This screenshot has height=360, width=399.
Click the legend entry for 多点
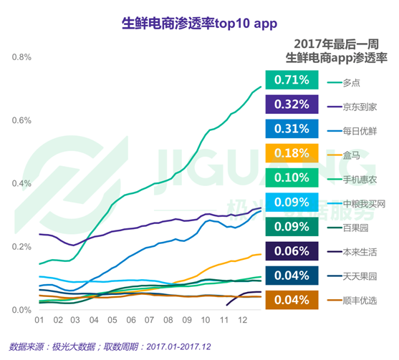click(x=352, y=82)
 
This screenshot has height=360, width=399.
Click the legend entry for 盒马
click(x=352, y=155)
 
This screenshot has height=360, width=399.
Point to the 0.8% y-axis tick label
click(x=21, y=57)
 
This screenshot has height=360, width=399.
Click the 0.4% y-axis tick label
click(x=21, y=184)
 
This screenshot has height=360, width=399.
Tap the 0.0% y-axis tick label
click(x=21, y=310)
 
